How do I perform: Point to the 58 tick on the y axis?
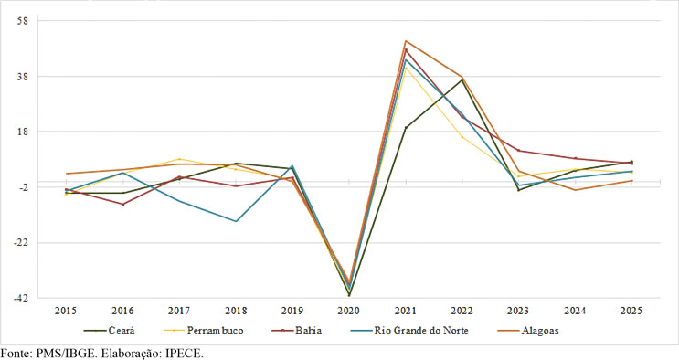click(24, 21)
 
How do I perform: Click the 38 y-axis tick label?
click(24, 77)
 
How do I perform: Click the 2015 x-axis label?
click(66, 312)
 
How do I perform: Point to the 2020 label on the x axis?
click(349, 312)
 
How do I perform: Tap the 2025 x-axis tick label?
click(631, 312)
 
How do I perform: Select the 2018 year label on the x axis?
click(236, 312)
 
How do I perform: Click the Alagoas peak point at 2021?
click(406, 41)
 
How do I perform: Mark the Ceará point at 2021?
click(406, 128)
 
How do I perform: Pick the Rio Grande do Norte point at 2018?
click(236, 221)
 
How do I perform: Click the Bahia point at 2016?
click(122, 204)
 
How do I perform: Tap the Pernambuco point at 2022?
click(462, 137)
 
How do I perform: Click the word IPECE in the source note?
click(181, 353)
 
